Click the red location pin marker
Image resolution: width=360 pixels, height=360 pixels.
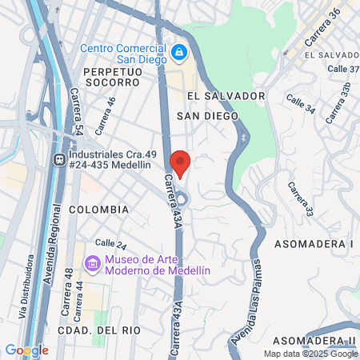180,162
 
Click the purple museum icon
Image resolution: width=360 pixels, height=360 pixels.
93,262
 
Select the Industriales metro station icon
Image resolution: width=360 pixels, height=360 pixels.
59,160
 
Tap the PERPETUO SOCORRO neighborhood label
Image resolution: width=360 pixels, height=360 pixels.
112,78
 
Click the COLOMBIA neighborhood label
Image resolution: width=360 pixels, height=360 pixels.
98,209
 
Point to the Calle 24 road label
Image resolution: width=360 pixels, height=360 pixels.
111,243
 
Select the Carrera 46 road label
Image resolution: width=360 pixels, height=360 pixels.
105,115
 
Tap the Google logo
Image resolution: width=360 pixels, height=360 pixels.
26,350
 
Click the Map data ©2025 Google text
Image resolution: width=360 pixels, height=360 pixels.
311,354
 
